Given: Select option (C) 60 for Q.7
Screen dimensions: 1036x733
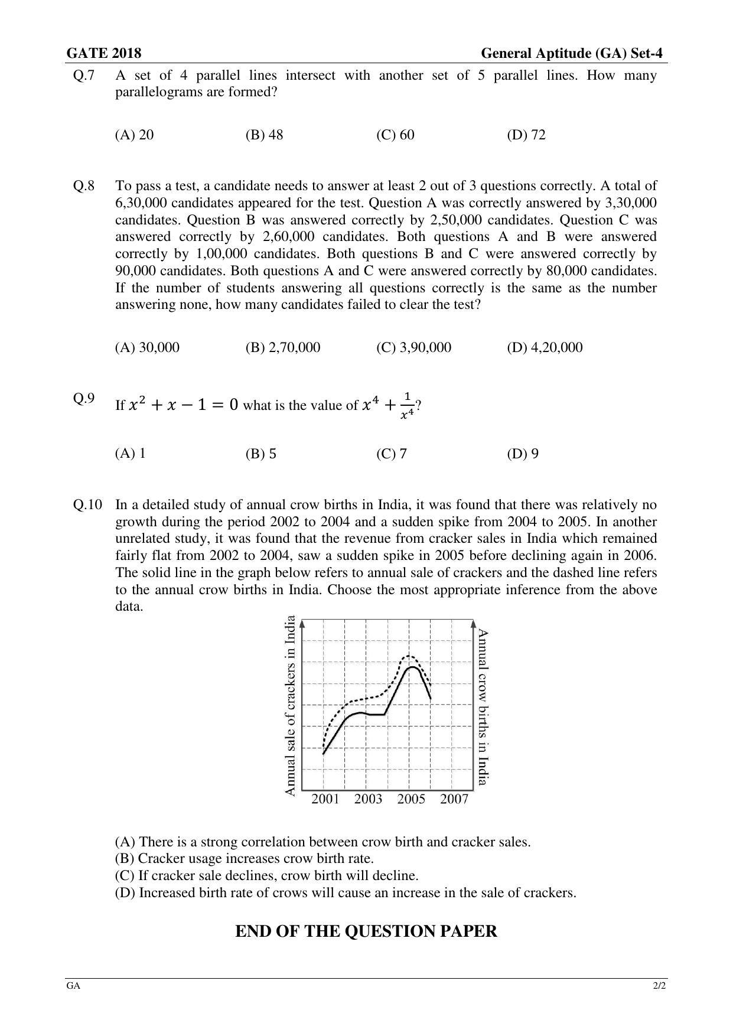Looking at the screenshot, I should coord(395,135).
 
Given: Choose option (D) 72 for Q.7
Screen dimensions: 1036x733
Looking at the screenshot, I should coord(526,135).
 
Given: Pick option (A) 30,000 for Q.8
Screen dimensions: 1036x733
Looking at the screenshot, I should coord(147,347).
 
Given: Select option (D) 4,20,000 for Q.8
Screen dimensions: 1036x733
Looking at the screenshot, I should coord(545,347).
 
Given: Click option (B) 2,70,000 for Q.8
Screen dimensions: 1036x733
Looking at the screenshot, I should coord(283,347).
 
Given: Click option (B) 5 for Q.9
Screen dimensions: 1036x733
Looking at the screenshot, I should coord(261,454).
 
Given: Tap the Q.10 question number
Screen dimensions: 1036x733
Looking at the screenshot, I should coord(87,505).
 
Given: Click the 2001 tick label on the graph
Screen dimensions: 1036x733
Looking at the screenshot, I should coord(325,799).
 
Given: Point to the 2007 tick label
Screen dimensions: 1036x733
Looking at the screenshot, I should coord(454,799).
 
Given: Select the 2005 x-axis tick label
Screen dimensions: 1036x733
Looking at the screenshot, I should coord(411,799).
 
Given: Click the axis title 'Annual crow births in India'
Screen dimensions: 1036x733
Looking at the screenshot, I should coord(483,707).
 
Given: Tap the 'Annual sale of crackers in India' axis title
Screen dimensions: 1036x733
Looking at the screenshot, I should coord(290,706).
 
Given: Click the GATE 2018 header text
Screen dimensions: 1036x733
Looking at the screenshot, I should coord(104,54).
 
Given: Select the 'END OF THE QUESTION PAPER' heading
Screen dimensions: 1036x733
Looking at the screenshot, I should coord(366,931).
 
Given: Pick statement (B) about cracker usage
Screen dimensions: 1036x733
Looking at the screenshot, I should coord(244,859).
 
